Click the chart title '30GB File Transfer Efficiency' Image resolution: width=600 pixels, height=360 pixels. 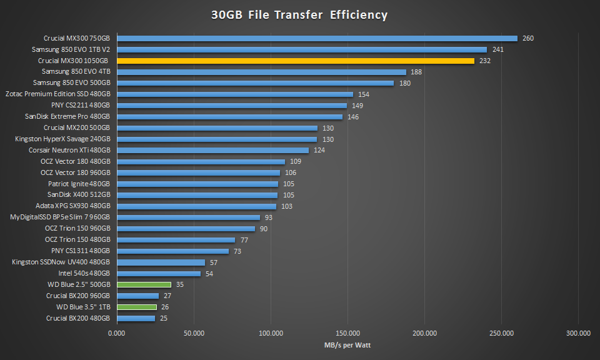[299, 14]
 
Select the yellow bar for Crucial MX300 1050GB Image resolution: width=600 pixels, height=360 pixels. [295, 61]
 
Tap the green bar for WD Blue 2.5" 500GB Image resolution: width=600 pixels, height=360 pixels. [144, 284]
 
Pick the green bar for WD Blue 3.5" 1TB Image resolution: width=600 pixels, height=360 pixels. [137, 307]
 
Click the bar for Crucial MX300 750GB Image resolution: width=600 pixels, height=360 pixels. [317, 38]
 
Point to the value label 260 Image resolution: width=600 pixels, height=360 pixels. [528, 38]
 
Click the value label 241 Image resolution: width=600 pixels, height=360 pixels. [498, 49]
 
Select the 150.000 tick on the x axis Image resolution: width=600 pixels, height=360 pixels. [347, 333]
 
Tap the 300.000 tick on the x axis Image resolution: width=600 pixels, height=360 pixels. [578, 333]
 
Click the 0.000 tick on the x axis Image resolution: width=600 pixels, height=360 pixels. [117, 333]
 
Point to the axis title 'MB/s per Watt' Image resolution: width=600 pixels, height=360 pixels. [347, 345]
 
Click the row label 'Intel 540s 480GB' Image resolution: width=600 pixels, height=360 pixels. [84, 273]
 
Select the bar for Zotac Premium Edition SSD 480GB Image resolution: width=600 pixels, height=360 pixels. [235, 94]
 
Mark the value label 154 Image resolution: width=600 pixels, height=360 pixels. [364, 94]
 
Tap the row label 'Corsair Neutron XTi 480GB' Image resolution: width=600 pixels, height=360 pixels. [69, 151]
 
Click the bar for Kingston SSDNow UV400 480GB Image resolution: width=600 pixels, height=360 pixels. [161, 262]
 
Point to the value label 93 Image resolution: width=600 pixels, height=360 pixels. [269, 217]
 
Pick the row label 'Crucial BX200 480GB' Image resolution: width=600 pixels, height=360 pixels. [78, 318]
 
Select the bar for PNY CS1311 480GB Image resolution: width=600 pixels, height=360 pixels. [173, 251]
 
